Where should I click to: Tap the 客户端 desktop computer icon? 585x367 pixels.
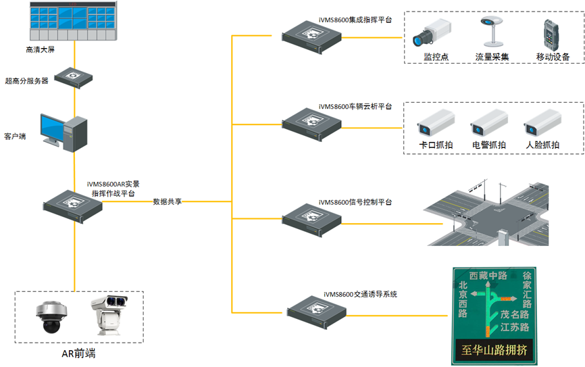coord(64,131)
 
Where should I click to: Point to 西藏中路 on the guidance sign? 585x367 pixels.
coord(488,275)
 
